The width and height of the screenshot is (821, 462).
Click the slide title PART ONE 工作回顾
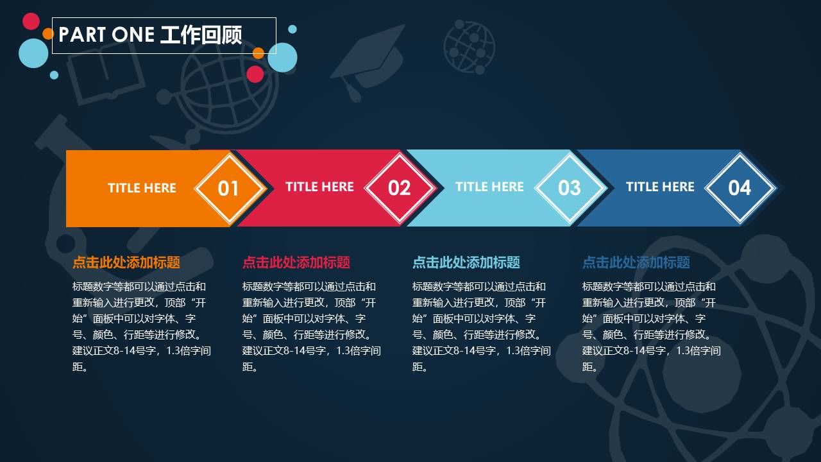tap(150, 35)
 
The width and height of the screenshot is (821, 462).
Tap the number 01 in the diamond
tap(228, 188)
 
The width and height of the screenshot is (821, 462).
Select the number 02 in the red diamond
tap(399, 188)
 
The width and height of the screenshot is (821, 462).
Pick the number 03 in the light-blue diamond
tap(569, 188)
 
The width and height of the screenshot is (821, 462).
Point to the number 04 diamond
tap(740, 188)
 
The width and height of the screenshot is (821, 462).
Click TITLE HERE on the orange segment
tap(142, 188)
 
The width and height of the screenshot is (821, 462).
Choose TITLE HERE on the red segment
tap(319, 187)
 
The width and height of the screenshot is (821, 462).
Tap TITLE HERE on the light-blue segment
tap(489, 187)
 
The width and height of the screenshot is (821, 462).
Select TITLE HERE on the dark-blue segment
tap(660, 187)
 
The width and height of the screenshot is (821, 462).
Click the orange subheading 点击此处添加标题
tap(126, 262)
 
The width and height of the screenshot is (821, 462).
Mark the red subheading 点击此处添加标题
tap(296, 262)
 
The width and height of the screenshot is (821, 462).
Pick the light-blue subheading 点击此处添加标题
tap(466, 262)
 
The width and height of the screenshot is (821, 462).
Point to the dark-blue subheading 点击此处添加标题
tap(636, 262)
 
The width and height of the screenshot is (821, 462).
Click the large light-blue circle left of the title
tap(34, 53)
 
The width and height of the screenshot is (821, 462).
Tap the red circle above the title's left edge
tap(31, 21)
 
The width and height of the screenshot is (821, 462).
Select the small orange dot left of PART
tap(47, 33)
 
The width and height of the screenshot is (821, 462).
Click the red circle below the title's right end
tap(255, 74)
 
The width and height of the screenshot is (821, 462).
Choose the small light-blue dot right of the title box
tap(292, 29)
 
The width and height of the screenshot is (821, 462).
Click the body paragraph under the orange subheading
tap(141, 327)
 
